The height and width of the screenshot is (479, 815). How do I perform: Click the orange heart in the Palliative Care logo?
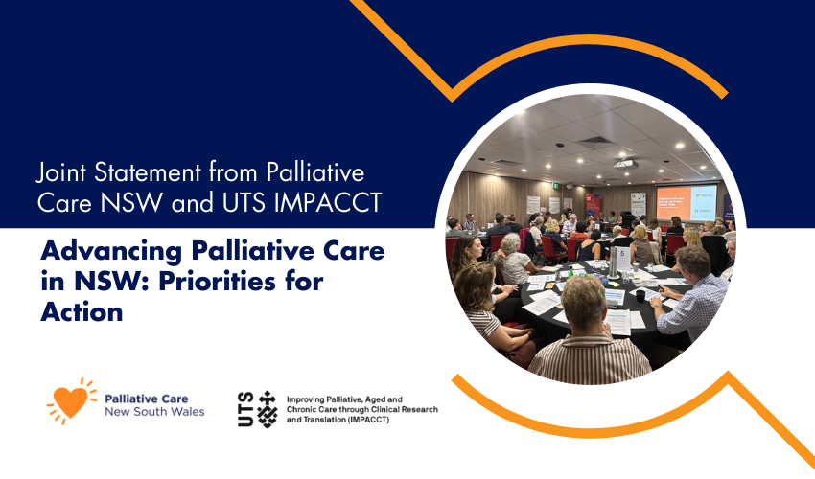pos(70,402)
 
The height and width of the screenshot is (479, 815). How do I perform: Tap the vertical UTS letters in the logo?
pos(245,409)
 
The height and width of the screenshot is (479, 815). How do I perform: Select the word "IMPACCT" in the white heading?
pos(328,203)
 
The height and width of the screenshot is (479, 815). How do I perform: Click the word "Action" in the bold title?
pos(82,311)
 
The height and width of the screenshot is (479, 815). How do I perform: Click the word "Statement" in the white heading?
pos(148,173)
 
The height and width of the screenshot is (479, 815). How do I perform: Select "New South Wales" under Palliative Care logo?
pos(154,412)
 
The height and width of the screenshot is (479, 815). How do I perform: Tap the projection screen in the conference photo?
pos(687,203)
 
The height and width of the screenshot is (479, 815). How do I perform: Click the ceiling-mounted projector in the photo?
pos(625,164)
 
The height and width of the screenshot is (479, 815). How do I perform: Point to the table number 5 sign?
pos(621,260)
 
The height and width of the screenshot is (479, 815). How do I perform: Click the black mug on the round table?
pos(640,296)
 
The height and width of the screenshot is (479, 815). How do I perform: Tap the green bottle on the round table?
pos(570,273)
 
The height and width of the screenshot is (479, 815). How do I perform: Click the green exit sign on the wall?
pos(555,185)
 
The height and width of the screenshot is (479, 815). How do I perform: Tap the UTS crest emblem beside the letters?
pos(268,409)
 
